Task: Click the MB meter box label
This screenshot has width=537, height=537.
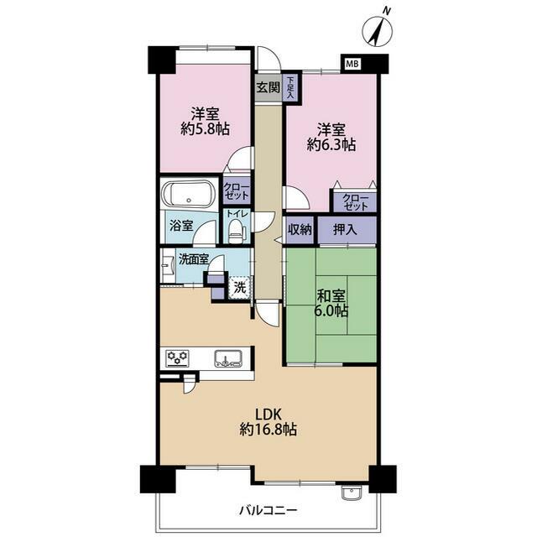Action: [x=352, y=64]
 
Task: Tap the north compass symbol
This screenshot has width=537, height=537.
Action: [x=378, y=29]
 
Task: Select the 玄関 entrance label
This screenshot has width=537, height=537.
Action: [x=268, y=87]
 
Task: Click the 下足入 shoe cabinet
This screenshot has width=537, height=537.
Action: [x=290, y=87]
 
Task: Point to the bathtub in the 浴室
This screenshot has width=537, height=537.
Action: [x=189, y=195]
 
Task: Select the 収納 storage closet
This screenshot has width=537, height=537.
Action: [x=300, y=230]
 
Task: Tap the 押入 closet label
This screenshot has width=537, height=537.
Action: [x=345, y=230]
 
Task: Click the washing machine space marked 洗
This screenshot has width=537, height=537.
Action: [x=240, y=288]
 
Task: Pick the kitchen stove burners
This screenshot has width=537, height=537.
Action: [x=177, y=358]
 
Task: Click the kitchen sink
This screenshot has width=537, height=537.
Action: [x=228, y=359]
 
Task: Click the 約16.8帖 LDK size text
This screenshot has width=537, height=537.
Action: [x=268, y=430]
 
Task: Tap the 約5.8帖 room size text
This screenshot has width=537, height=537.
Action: [x=205, y=128]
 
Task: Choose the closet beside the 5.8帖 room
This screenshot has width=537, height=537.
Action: [x=237, y=191]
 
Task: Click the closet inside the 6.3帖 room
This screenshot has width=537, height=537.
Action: [x=355, y=202]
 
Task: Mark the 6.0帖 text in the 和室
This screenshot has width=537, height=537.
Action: [x=331, y=310]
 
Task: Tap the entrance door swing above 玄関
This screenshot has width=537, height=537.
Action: [x=269, y=59]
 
